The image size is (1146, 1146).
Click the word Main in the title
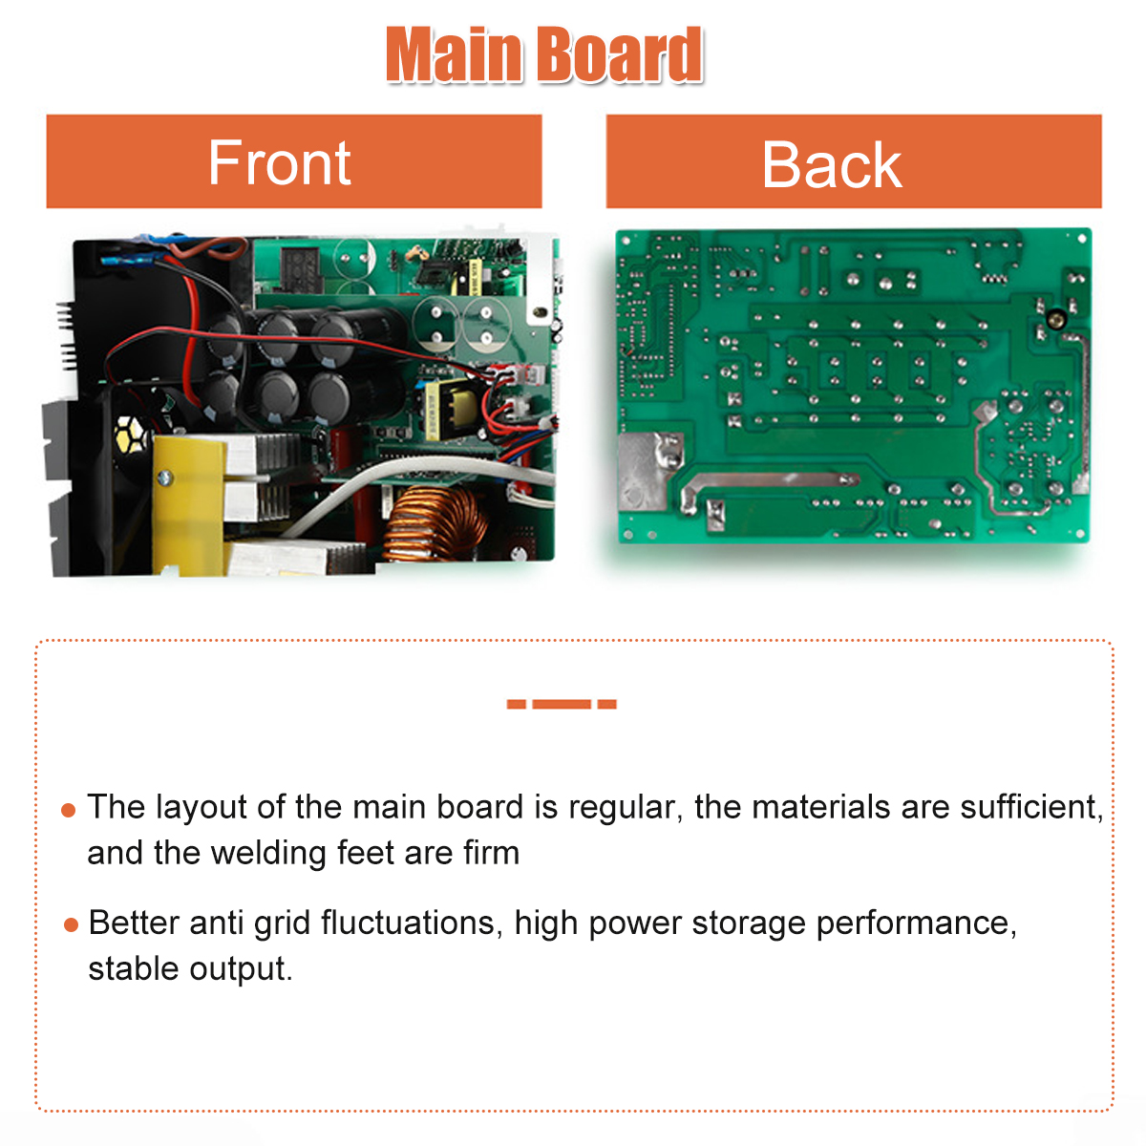coord(454,54)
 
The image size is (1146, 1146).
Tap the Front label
coord(279,162)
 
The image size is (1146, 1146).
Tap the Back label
coord(832,164)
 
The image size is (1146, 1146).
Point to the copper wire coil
coord(435,524)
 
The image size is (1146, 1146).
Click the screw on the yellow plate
coord(164,477)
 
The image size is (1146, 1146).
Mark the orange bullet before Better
coord(72,924)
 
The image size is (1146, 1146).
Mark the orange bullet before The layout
coord(69,810)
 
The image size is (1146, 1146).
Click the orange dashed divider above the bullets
coord(562,704)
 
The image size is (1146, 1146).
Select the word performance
coord(917,924)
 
